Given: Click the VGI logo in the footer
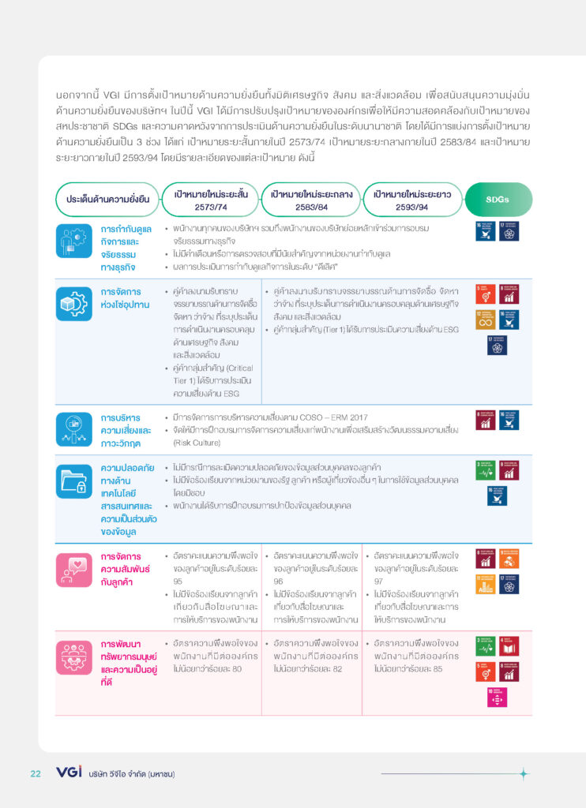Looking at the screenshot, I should [69, 772].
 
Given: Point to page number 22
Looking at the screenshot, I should [36, 773].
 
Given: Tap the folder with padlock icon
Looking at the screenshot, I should [75, 481].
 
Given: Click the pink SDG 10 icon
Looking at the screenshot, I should [497, 698].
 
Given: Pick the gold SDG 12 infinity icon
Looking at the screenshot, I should [485, 319].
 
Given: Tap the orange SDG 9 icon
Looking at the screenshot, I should [509, 559].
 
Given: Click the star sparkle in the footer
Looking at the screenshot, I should [523, 774].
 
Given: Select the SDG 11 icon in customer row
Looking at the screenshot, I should [485, 584].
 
